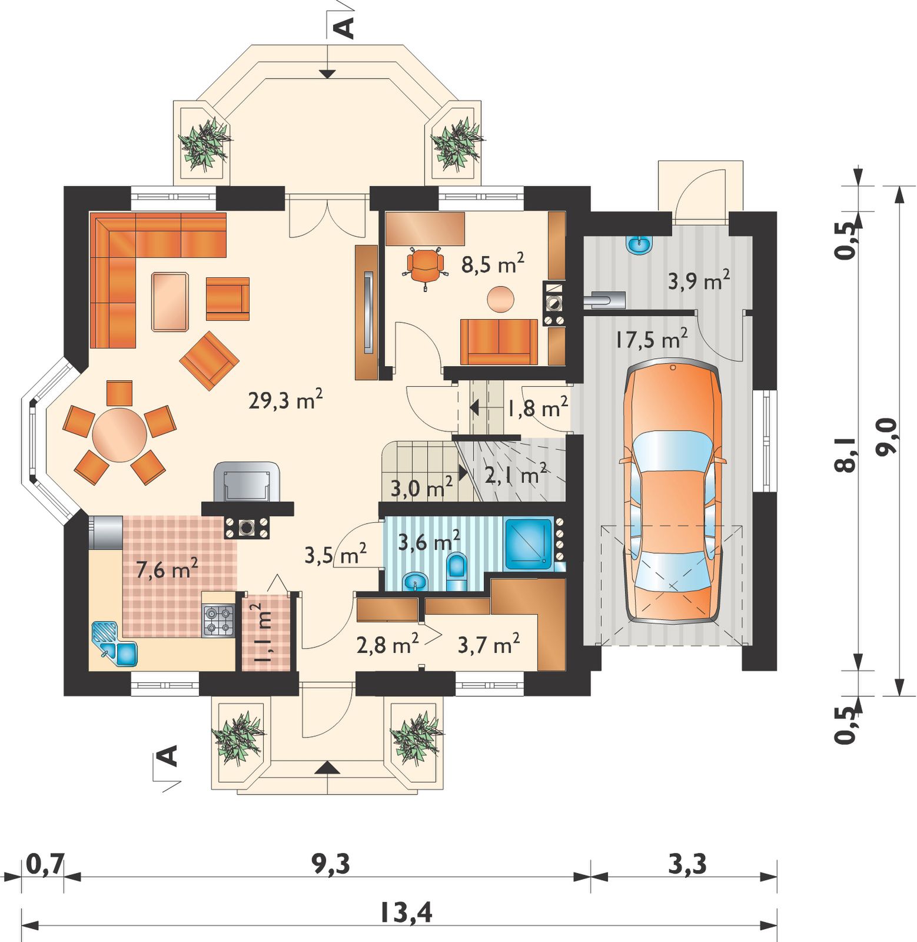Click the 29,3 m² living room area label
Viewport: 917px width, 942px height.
[285, 401]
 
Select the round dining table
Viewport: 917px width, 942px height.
[119, 436]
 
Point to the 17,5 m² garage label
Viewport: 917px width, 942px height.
[652, 339]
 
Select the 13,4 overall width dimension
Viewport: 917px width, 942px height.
[405, 913]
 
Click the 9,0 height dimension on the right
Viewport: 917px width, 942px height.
[886, 436]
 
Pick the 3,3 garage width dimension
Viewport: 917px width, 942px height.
[687, 865]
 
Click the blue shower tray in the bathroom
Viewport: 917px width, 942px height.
[528, 544]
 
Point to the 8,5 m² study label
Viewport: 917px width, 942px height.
[493, 264]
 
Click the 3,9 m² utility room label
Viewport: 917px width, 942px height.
[699, 280]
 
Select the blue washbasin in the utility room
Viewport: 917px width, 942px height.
[640, 244]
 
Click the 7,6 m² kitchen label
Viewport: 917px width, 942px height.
[167, 569]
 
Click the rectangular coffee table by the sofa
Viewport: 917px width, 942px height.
[170, 301]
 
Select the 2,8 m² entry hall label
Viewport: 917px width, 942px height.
[388, 645]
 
